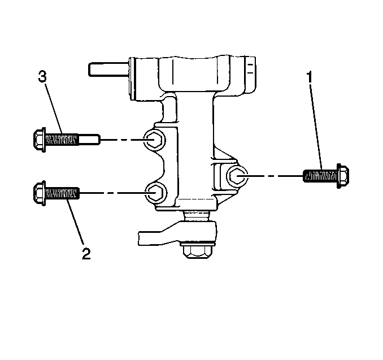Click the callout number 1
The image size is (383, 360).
click(x=310, y=77)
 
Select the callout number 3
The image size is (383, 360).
click(x=42, y=76)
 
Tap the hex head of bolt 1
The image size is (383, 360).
click(x=343, y=176)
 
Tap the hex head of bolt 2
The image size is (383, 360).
click(x=39, y=193)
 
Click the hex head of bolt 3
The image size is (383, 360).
click(x=39, y=140)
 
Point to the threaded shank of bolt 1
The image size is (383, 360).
click(x=320, y=176)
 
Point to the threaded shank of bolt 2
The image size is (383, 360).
click(x=62, y=193)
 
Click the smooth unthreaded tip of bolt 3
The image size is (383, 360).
click(x=89, y=140)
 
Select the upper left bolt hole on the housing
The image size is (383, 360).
click(x=155, y=140)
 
